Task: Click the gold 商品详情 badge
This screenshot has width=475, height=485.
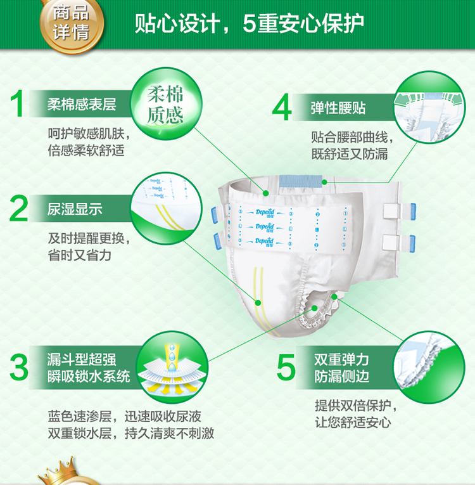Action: [x=72, y=24]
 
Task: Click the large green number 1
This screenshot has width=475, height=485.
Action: [x=17, y=103]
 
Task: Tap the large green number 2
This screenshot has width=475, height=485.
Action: [x=18, y=208]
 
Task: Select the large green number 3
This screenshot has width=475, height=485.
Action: [x=19, y=368]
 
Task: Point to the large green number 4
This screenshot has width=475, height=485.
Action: [x=282, y=107]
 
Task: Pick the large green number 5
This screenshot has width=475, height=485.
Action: [x=286, y=368]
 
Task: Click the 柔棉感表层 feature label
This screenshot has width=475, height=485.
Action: [x=82, y=105]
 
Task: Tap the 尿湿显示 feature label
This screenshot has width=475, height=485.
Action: [x=75, y=209]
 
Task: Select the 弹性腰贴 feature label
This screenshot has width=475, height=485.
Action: [x=338, y=108]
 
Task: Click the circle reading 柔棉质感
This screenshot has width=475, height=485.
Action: [x=167, y=104]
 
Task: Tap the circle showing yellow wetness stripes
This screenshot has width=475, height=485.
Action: [x=167, y=208]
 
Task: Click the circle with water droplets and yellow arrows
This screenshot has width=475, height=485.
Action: [x=172, y=367]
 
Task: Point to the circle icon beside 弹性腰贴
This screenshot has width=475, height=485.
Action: [x=429, y=107]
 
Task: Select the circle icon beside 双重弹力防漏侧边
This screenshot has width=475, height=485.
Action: [x=429, y=367]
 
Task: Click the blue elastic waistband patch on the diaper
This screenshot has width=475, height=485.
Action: [x=300, y=181]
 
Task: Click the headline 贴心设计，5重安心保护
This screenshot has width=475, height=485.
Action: [x=249, y=23]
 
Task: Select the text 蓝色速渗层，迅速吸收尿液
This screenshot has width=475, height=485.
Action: [x=125, y=417]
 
